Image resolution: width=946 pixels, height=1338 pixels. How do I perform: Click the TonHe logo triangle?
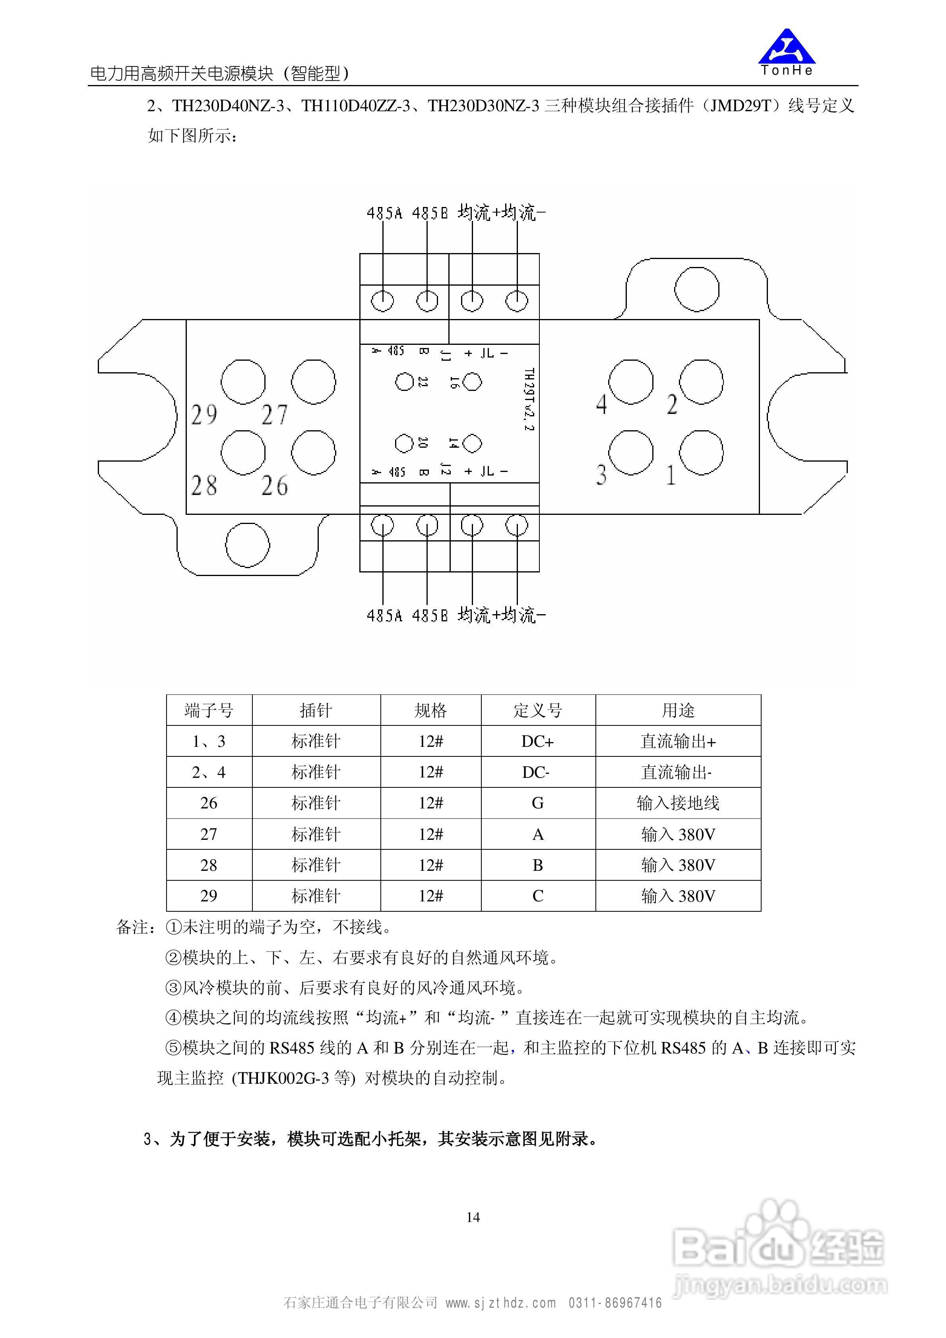tap(786, 48)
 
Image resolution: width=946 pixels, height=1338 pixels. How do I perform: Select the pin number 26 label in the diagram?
tap(274, 485)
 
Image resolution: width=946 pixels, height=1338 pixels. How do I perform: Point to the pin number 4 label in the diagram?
tap(602, 404)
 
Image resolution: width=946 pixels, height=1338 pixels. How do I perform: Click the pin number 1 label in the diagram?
tap(671, 476)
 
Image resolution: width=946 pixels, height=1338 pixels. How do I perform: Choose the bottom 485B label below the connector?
tap(430, 615)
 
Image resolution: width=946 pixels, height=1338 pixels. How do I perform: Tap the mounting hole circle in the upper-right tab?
tap(696, 290)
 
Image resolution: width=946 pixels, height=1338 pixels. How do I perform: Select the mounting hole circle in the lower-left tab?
tap(247, 545)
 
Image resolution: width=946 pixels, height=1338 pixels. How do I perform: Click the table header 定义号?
tap(538, 710)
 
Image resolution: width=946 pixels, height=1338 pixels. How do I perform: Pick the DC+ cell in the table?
tap(538, 741)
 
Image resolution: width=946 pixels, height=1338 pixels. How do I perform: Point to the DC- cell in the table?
tap(536, 772)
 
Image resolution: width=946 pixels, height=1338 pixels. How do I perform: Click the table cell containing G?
tap(538, 803)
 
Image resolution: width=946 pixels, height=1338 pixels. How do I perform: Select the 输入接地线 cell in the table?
tap(678, 803)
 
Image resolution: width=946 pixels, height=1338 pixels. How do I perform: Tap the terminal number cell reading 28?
tap(209, 865)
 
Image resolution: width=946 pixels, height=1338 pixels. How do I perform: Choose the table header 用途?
tap(678, 710)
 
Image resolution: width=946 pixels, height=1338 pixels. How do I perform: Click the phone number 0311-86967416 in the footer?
tap(615, 1303)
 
